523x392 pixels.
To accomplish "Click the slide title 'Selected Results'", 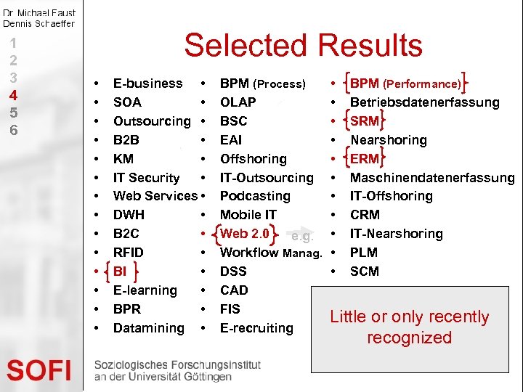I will [x=303, y=45].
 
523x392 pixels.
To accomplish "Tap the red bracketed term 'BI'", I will [x=120, y=271].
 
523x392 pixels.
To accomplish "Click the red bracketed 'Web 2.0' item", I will [x=245, y=234].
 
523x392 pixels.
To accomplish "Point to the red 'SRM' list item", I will [x=365, y=121].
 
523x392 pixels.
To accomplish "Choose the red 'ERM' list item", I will [x=365, y=159].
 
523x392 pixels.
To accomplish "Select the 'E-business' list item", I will [x=147, y=83].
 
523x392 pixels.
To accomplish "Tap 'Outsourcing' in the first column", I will [x=152, y=121].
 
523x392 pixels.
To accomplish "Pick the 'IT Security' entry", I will [x=146, y=178].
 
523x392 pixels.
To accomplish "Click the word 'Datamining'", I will [x=149, y=328].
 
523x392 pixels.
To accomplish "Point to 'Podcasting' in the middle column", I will [x=255, y=196].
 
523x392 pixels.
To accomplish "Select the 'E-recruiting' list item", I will [x=256, y=328].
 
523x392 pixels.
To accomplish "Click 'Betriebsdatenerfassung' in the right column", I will [x=424, y=102].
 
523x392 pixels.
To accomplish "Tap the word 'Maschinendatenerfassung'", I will [x=432, y=178].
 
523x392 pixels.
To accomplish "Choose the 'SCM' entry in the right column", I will [x=365, y=271].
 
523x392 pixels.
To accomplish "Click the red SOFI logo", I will [x=39, y=370].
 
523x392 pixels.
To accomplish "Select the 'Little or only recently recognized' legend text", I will [x=409, y=327].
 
